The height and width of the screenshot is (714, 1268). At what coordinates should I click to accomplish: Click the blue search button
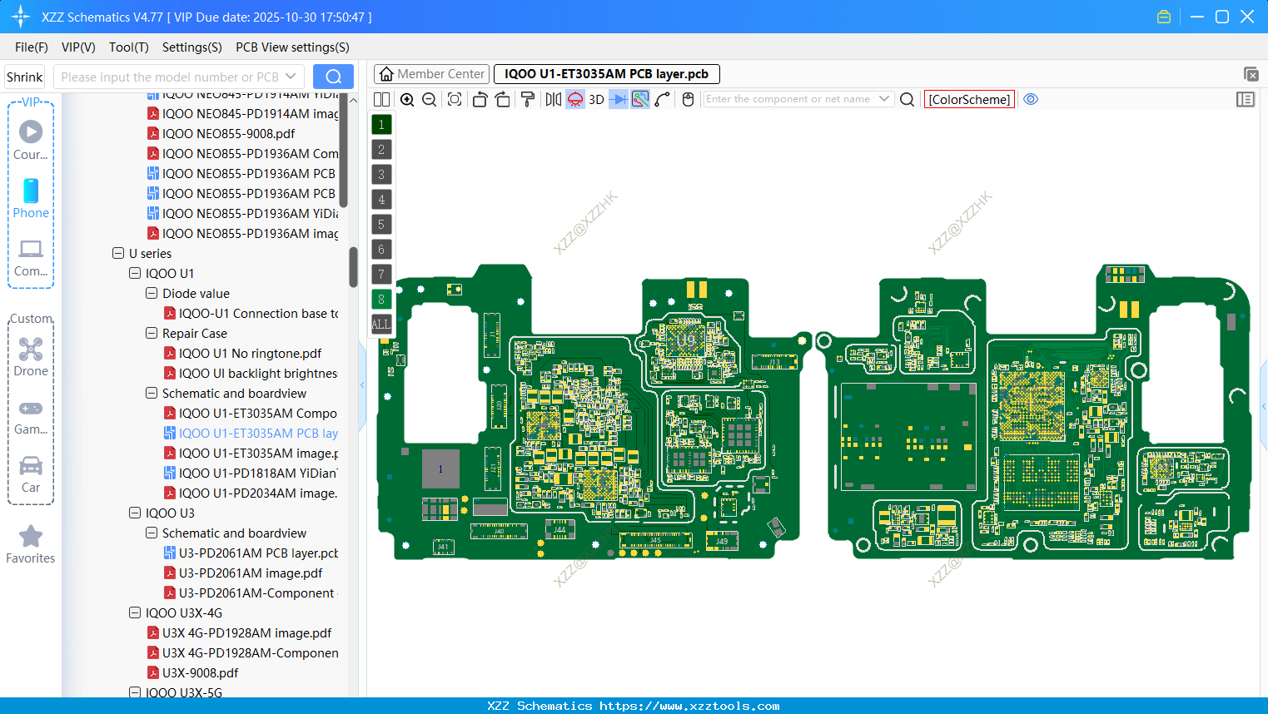tap(333, 77)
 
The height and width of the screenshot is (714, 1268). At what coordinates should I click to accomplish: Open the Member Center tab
tap(431, 74)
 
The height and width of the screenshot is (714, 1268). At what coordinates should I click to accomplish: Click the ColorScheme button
tap(969, 99)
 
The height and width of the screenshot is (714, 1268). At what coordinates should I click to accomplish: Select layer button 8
tap(381, 299)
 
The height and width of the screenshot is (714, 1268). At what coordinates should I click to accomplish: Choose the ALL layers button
tap(381, 324)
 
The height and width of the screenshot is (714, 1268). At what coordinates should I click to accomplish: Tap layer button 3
tap(381, 174)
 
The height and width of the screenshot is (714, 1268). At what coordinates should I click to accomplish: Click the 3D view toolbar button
tap(596, 99)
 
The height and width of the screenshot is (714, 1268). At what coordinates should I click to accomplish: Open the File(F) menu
tap(32, 47)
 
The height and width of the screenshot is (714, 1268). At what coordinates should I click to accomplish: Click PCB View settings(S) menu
tap(292, 47)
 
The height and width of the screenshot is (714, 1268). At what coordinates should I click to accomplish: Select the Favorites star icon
tap(31, 537)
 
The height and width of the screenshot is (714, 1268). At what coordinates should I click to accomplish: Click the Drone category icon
tap(31, 350)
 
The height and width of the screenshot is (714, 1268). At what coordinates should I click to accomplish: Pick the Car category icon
tap(31, 466)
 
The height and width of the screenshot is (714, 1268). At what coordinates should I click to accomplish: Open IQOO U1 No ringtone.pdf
tap(250, 353)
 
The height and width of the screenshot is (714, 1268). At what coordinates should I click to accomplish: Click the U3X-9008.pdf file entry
tap(200, 672)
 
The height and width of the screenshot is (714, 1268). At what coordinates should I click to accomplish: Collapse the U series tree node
tap(118, 253)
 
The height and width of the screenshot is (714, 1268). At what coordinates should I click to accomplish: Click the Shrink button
tap(25, 77)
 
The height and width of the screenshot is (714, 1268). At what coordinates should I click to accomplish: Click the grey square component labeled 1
tap(440, 469)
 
